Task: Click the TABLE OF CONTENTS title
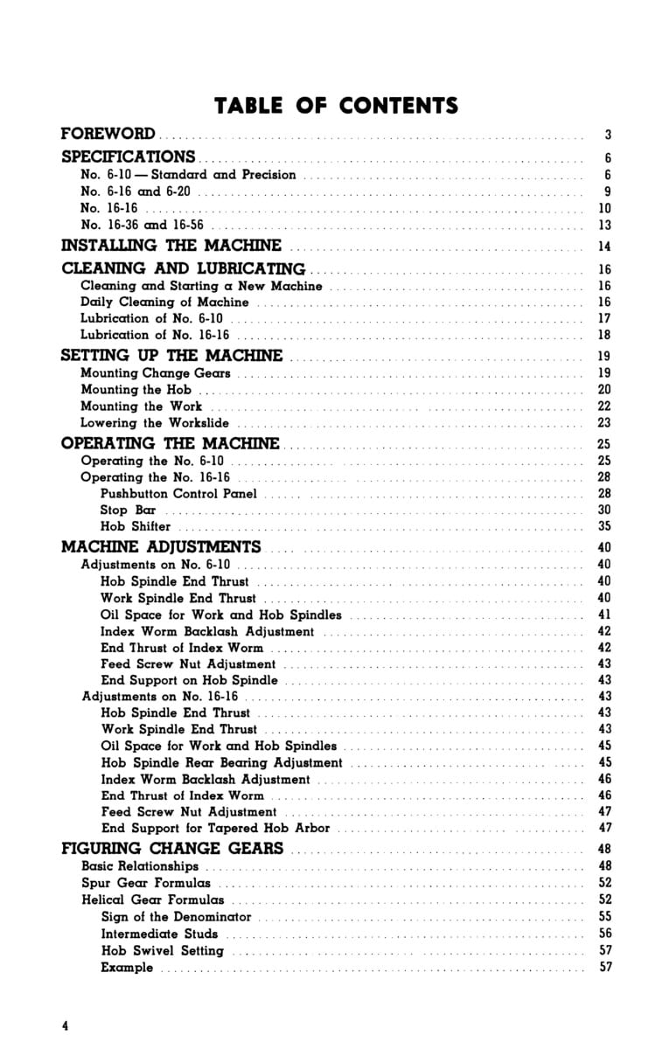[337, 107]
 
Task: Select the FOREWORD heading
[108, 135]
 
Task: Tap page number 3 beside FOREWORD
[607, 135]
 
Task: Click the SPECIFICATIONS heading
[128, 157]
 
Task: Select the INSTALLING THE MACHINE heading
[171, 246]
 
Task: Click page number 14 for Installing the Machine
[604, 247]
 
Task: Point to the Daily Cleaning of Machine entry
[164, 302]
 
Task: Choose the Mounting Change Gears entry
[156, 373]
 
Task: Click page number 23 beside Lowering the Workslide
[604, 423]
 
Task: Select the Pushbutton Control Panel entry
[178, 494]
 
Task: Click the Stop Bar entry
[128, 511]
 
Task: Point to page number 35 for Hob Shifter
[604, 527]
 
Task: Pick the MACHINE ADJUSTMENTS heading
[161, 548]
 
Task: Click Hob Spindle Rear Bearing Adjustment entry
[221, 762]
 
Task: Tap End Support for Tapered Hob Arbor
[215, 828]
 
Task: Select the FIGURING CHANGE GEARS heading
[172, 849]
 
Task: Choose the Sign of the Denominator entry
[176, 917]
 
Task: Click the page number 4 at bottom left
[65, 1025]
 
